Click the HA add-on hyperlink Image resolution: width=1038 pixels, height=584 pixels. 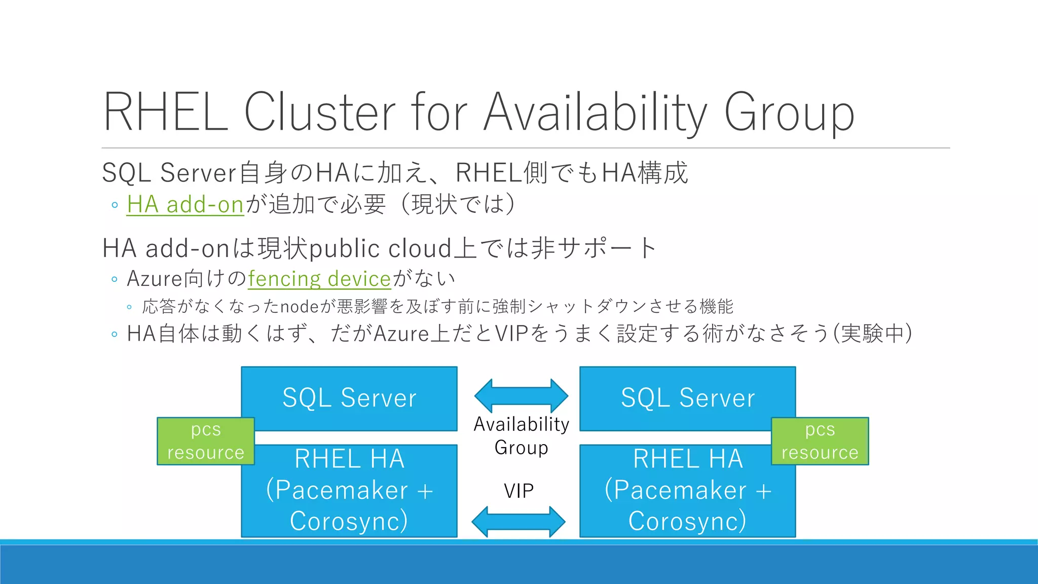(185, 205)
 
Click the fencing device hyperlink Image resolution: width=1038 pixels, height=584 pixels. (319, 279)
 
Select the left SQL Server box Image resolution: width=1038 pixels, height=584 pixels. (349, 398)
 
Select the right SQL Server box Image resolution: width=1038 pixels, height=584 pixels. (687, 398)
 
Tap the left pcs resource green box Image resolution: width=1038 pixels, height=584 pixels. (206, 441)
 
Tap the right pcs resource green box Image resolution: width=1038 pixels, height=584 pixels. (820, 441)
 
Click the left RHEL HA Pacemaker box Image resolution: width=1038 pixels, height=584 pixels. (349, 490)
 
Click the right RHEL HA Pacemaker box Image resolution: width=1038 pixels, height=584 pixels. (687, 490)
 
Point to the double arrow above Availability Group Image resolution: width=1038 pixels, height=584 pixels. (521, 395)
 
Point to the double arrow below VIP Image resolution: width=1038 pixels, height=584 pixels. (518, 521)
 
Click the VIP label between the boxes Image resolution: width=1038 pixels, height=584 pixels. (518, 491)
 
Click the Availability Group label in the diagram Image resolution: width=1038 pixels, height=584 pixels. (521, 436)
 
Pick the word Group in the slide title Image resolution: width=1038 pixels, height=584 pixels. (789, 113)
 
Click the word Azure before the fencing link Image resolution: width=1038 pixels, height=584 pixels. (154, 279)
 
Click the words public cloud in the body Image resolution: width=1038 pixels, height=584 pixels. (380, 248)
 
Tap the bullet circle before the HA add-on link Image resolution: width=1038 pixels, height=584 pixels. (115, 205)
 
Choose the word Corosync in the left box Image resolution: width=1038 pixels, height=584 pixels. (349, 521)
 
